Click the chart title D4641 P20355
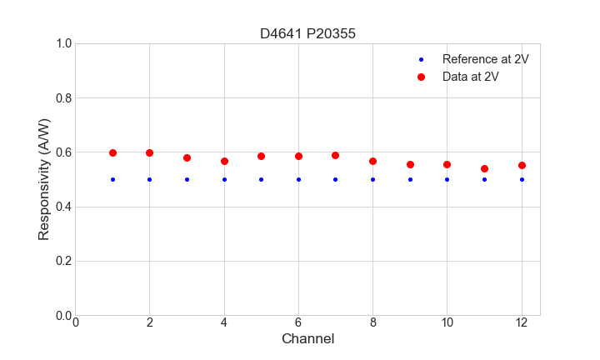point(308,33)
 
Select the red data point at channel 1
point(112,152)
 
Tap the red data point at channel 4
point(224,161)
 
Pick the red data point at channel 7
point(335,155)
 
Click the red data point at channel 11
point(484,168)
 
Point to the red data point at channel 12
point(522,165)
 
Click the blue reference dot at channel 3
point(187,179)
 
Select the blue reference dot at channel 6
point(298,179)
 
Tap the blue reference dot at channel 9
point(410,179)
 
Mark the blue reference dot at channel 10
point(447,179)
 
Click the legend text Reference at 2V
point(486,59)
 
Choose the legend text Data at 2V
point(471,77)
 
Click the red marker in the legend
point(421,77)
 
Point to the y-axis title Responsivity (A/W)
point(44,179)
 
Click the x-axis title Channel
point(308,339)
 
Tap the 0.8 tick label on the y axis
point(62,98)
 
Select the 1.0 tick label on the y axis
point(62,43)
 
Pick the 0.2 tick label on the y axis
point(62,261)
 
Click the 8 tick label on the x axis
point(372,322)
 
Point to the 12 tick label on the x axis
point(522,322)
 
